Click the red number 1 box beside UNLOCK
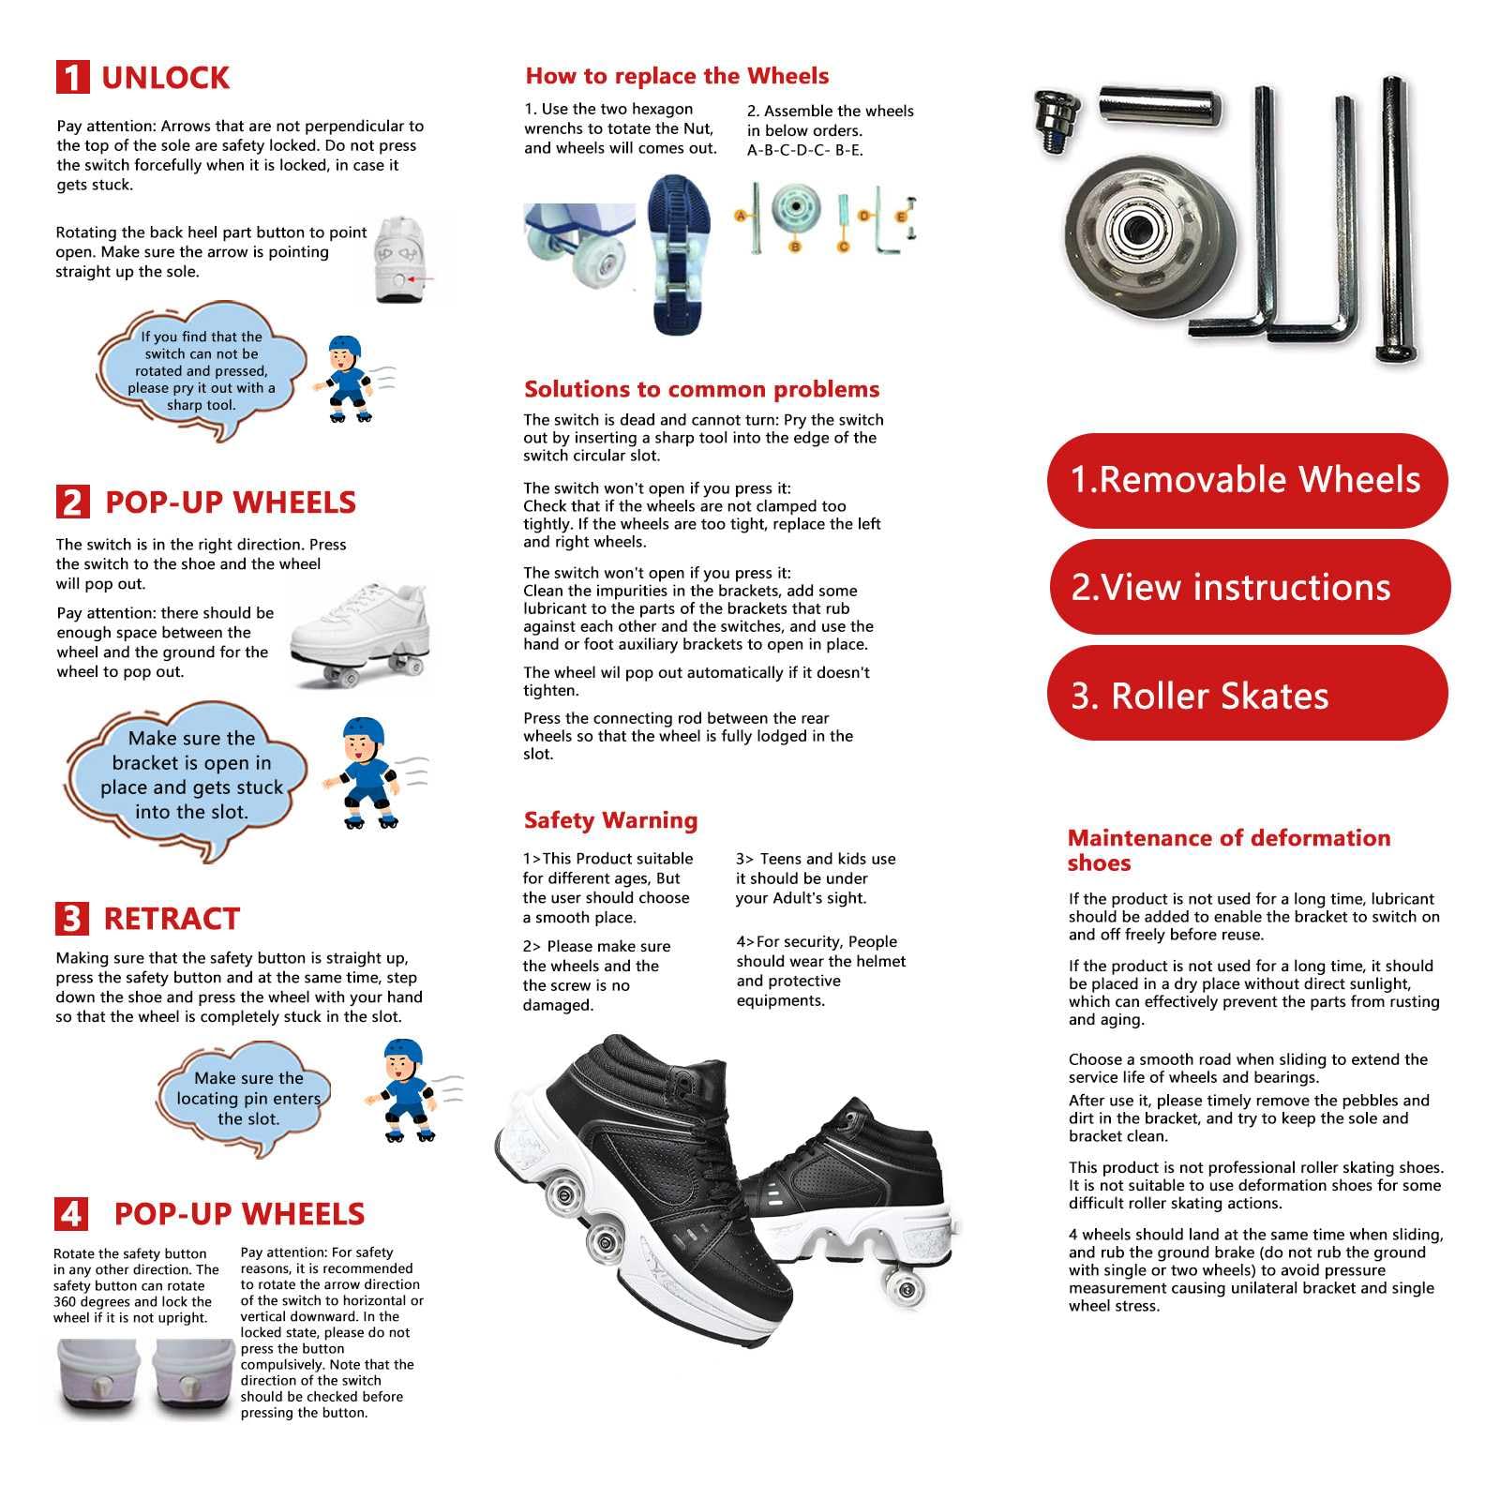pos(72,78)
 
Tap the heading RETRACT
pos(172,919)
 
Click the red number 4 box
pos(71,1214)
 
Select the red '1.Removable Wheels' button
pos(1246,480)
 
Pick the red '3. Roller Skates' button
pos(1246,695)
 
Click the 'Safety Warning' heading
pos(610,820)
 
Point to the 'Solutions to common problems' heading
pos(701,389)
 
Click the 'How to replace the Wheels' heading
pos(677,76)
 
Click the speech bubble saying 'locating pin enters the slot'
pos(247,1098)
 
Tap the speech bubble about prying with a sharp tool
pos(202,370)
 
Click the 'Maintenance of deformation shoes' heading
pos(1228,850)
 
